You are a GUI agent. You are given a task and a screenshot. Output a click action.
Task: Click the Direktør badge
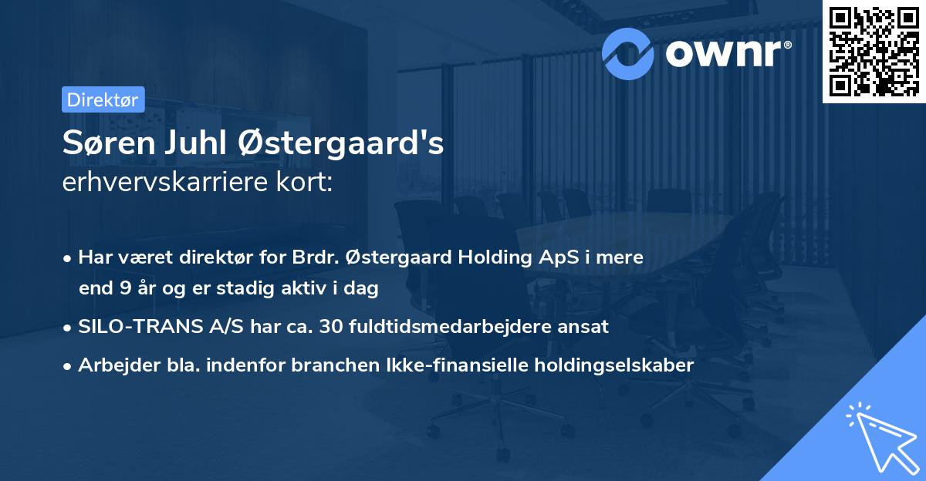click(103, 99)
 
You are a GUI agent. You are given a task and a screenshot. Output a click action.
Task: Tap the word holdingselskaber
click(606, 365)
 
